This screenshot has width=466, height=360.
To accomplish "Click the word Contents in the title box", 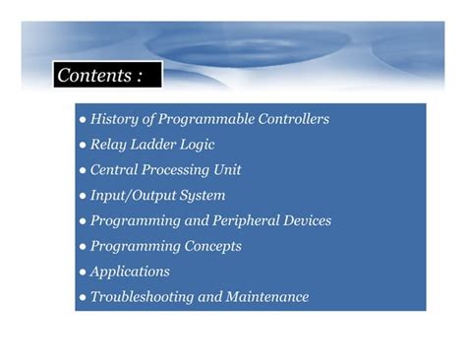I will [x=93, y=75].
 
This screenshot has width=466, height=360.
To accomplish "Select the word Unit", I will [x=227, y=170].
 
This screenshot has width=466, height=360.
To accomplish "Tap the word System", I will [x=204, y=196].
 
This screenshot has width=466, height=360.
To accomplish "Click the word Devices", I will [x=306, y=221].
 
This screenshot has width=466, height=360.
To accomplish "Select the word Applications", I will [x=130, y=271].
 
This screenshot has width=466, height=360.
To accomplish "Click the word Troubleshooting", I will [x=145, y=297].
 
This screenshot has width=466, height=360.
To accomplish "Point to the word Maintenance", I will [x=268, y=297].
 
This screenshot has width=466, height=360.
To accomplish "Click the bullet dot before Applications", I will [x=83, y=272].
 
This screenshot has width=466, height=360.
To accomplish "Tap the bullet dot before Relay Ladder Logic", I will [x=83, y=146].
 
